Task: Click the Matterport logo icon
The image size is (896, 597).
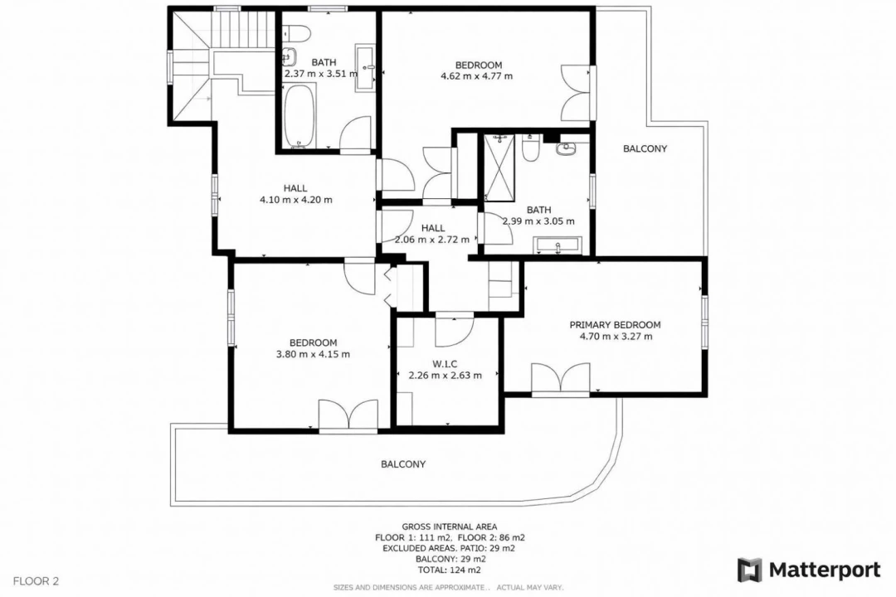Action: (x=750, y=570)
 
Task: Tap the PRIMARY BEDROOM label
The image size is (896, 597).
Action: (x=615, y=325)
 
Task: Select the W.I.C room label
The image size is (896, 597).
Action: (x=445, y=364)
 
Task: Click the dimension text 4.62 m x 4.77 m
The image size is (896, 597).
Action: (x=476, y=75)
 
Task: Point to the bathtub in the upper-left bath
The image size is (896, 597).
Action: (x=299, y=117)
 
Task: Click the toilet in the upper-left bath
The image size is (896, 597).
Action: (x=296, y=33)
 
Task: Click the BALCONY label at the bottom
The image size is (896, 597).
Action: (x=403, y=464)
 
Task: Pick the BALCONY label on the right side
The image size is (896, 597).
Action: (x=645, y=148)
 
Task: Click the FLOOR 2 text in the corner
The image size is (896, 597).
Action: (x=36, y=581)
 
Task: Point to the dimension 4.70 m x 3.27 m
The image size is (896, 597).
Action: (x=616, y=337)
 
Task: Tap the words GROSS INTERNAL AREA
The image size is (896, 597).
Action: (x=449, y=527)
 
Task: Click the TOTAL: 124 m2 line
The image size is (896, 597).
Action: (x=449, y=570)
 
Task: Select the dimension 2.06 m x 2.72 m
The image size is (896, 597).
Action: (x=432, y=240)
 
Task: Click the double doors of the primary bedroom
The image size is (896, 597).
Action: (x=560, y=378)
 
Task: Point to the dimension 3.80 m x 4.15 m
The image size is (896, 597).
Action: (x=313, y=354)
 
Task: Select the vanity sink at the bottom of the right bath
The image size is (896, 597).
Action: (x=558, y=245)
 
